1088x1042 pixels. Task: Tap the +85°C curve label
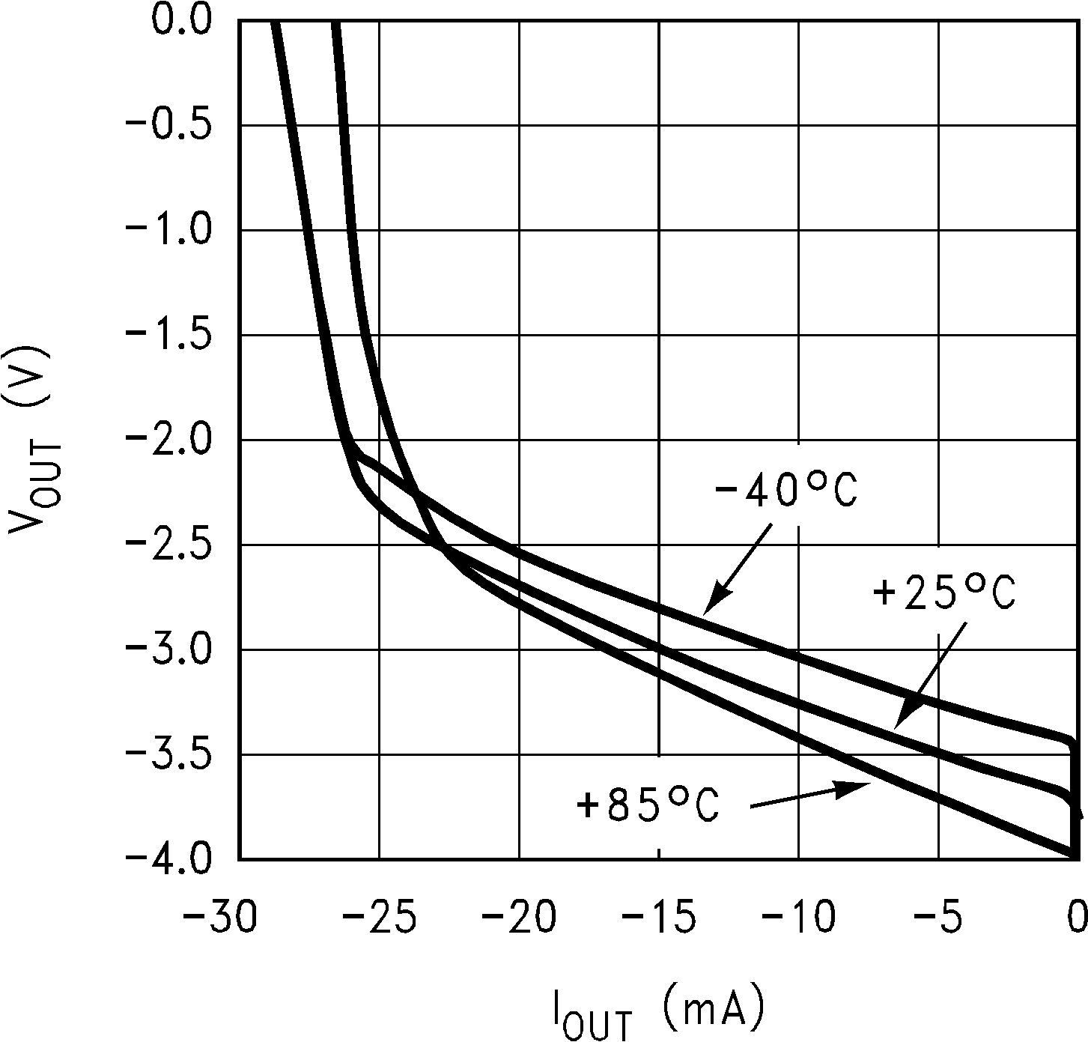click(648, 806)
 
